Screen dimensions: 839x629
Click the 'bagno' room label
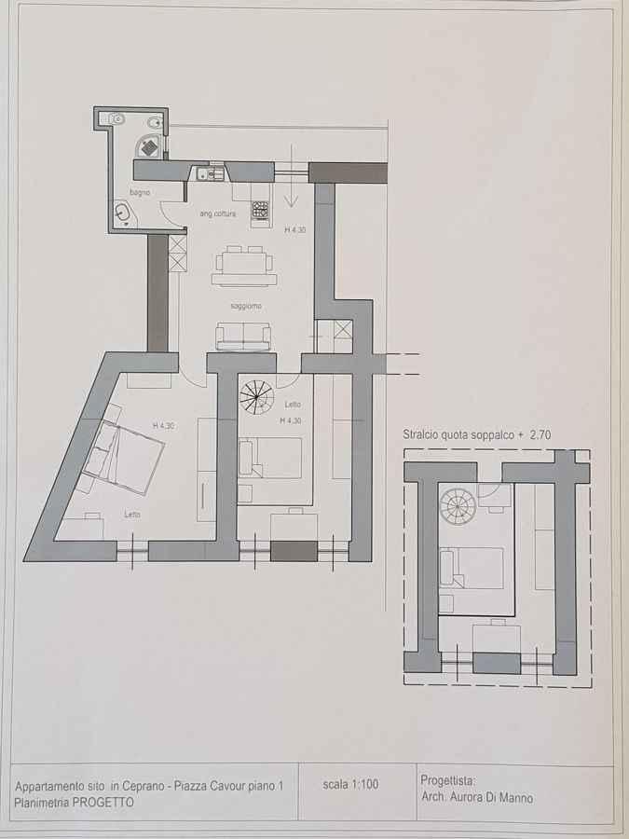tap(140, 192)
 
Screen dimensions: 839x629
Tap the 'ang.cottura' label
tap(218, 214)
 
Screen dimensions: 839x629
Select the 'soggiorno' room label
tap(246, 306)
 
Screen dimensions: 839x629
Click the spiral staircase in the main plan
tap(257, 397)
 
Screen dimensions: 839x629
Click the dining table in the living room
tap(244, 266)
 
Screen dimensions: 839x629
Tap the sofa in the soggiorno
tap(243, 337)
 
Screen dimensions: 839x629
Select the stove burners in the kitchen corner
tap(260, 208)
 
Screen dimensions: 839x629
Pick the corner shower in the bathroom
tap(149, 145)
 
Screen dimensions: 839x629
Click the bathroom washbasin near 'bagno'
tap(122, 213)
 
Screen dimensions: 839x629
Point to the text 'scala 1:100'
tap(350, 785)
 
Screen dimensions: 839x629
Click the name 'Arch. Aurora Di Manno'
tap(475, 798)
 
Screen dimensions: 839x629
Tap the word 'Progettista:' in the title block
tap(448, 781)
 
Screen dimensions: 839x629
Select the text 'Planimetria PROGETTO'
tap(75, 802)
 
